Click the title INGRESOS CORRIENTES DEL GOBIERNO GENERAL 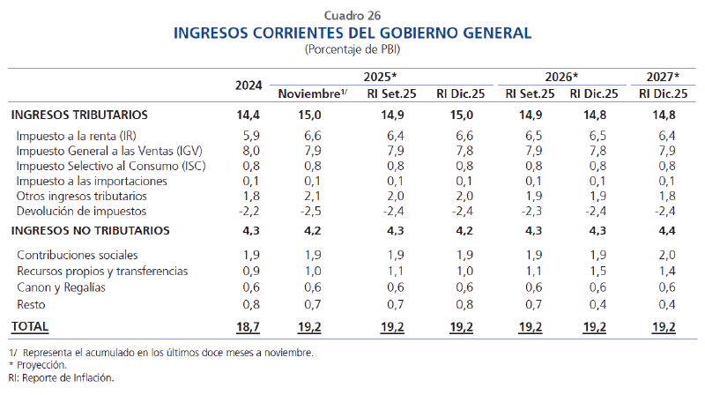pyautogui.click(x=352, y=34)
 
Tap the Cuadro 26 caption pyautogui.click(x=352, y=15)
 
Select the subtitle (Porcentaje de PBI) pyautogui.click(x=352, y=49)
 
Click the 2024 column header pyautogui.click(x=249, y=86)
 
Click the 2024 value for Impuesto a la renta pyautogui.click(x=250, y=136)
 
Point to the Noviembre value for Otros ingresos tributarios pyautogui.click(x=312, y=196)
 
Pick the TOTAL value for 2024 pyautogui.click(x=249, y=326)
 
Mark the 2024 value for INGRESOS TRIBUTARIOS pyautogui.click(x=249, y=115)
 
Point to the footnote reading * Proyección pyautogui.click(x=40, y=365)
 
